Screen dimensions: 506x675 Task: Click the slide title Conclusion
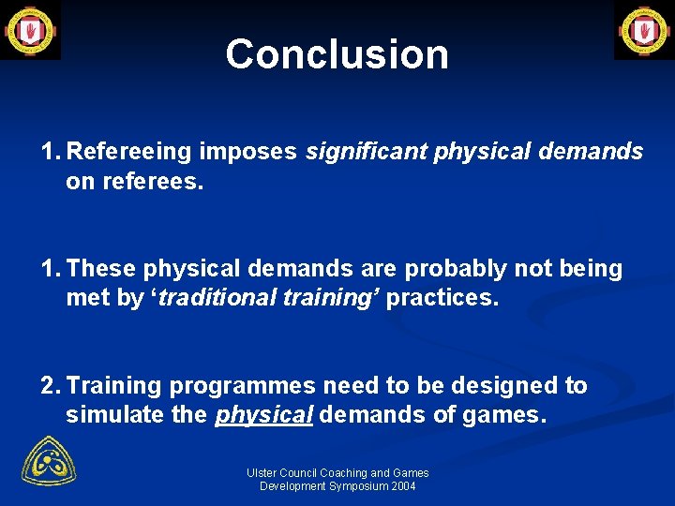pos(337,54)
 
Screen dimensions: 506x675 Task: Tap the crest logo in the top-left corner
pos(30,30)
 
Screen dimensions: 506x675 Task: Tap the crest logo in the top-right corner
pos(644,30)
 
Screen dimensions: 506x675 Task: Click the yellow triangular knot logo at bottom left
pos(49,462)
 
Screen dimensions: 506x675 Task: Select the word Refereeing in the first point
pos(129,152)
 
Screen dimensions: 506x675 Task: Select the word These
pos(101,269)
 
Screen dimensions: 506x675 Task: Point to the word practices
pos(443,299)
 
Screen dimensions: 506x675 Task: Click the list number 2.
pos(49,386)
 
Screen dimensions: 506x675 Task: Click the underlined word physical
pos(263,415)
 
